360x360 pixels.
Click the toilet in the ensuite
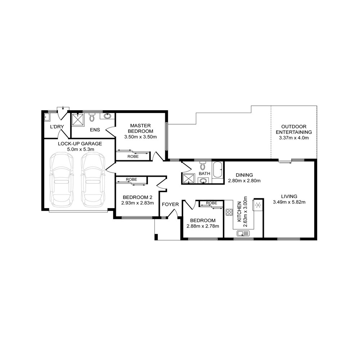[x=92, y=117]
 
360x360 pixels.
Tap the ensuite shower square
[x=78, y=120]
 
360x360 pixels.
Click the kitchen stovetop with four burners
[x=229, y=212]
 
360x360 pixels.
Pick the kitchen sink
[x=243, y=234]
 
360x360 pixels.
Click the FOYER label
[x=170, y=204]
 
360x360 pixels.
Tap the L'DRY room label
[x=57, y=127]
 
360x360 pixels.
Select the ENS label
[x=95, y=130]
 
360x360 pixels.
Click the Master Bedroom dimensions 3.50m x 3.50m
[x=140, y=137]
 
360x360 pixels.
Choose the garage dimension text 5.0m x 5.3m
[x=81, y=149]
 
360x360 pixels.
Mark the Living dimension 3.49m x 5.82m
[x=289, y=202]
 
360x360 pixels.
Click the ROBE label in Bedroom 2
[x=131, y=179]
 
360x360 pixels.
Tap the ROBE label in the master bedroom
[x=133, y=157]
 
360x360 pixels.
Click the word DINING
[x=244, y=175]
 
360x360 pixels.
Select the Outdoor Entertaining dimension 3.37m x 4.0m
[x=294, y=138]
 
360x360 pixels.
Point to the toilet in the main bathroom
[x=203, y=165]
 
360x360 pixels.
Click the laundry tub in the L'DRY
[x=47, y=117]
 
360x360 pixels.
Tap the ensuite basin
[x=107, y=116]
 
